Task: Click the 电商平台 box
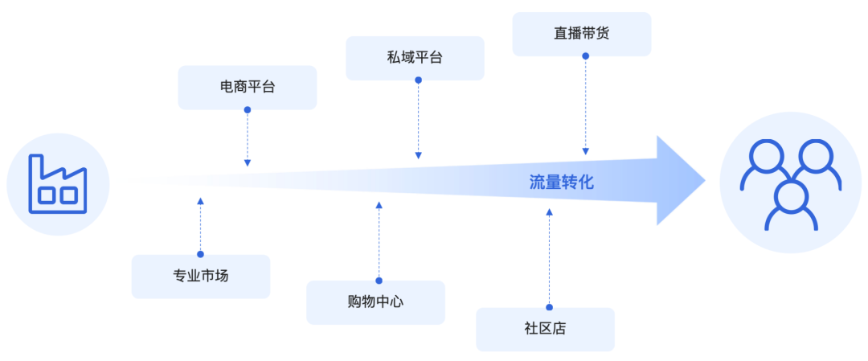point(248,88)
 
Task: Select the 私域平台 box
point(416,58)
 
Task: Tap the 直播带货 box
point(582,34)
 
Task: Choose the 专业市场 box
point(201,277)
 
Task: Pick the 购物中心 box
point(376,302)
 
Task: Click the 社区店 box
point(545,329)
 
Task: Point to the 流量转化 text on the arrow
point(561,182)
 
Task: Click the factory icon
point(58,184)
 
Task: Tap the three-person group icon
point(791,184)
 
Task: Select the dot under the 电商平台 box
point(248,109)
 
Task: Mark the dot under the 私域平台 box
point(419,80)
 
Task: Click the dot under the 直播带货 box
point(586,56)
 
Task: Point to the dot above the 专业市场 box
point(200,254)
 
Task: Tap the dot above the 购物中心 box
point(379,281)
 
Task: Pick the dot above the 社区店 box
point(549,307)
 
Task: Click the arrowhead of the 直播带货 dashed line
point(586,152)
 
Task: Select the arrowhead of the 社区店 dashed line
point(549,211)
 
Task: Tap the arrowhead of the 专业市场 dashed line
point(200,200)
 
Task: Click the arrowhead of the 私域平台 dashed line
point(419,156)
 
